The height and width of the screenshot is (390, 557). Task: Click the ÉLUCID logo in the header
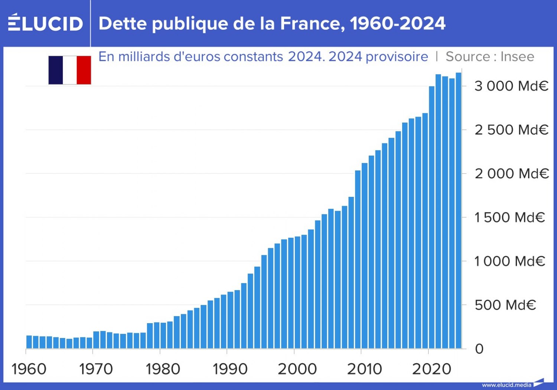click(45, 23)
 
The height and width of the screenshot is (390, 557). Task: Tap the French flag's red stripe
click(84, 70)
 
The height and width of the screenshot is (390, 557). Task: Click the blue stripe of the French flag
click(56, 70)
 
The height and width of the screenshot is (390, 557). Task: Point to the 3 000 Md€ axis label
click(511, 86)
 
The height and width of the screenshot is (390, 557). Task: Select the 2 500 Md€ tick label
click(511, 130)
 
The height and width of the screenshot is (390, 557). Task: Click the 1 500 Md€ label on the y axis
click(509, 217)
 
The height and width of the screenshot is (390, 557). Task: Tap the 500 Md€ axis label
click(505, 305)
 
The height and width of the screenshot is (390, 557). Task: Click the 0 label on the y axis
click(479, 349)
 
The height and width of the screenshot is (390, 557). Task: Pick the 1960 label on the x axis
click(29, 369)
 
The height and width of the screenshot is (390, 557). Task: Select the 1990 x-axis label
click(230, 369)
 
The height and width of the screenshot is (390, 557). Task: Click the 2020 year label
click(431, 369)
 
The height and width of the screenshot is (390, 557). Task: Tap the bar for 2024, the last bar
click(459, 212)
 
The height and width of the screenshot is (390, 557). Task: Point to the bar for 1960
click(29, 342)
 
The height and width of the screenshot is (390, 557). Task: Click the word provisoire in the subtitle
click(397, 57)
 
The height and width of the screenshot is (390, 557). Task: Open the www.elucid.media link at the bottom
click(506, 385)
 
